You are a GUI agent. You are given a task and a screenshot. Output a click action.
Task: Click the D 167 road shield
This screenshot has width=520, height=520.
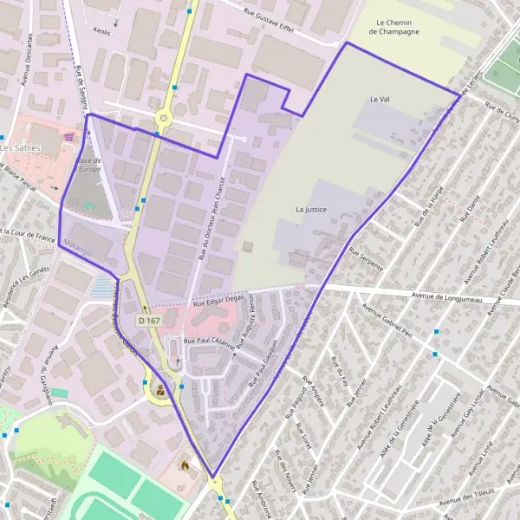point(149,321)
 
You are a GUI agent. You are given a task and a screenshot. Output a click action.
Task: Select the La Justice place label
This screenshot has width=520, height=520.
point(310,209)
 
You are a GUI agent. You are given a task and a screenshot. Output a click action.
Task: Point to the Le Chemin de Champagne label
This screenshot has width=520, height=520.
point(393,27)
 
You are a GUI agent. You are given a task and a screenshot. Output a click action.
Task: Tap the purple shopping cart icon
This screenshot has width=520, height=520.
point(68,136)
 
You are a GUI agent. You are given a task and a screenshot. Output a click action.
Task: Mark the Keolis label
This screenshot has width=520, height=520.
point(102,31)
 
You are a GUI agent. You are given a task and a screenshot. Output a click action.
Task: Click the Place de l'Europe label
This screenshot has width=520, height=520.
point(89,165)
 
